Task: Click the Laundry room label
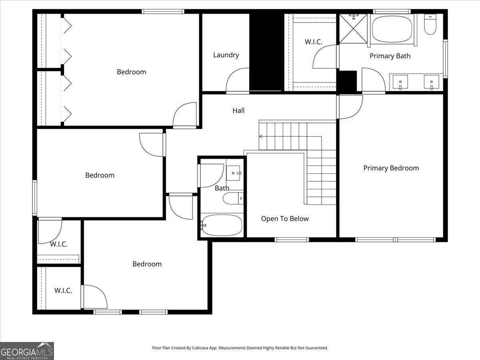coord(226,55)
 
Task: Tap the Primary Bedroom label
coord(391,168)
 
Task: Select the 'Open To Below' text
coord(285,218)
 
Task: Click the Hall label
coord(238,110)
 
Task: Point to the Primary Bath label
coord(390,56)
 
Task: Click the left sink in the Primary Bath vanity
coord(400,82)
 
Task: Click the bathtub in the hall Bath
coord(222,225)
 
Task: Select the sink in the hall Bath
coord(234,173)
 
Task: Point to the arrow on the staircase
coord(261,136)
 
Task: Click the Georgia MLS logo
coord(27,351)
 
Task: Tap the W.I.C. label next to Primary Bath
coord(313,42)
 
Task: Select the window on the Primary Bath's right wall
coord(445,58)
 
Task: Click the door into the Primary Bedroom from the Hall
coord(350,107)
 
